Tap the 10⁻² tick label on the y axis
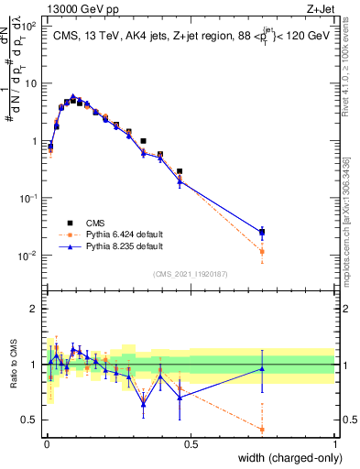[x=27, y=255]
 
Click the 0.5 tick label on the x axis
[x=191, y=443]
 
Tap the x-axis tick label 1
[x=334, y=443]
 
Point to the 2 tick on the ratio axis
[x=33, y=309]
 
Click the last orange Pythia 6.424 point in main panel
[x=262, y=251]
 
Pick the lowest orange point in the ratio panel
[x=262, y=429]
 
